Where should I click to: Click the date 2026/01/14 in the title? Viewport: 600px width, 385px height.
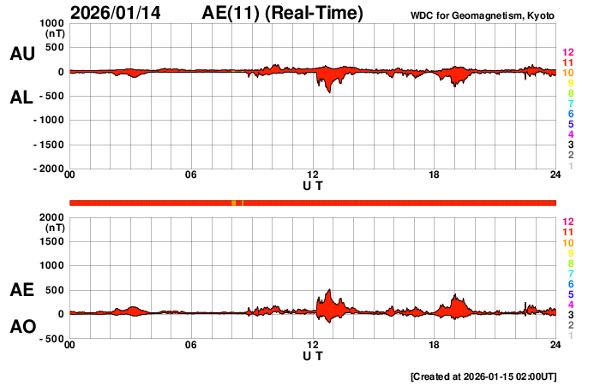[117, 13]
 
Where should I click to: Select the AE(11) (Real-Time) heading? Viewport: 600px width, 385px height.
[282, 13]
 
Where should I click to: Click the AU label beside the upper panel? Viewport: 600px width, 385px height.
[21, 54]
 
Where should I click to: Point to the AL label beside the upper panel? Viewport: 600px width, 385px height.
[21, 98]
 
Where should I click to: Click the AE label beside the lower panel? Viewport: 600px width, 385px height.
[21, 291]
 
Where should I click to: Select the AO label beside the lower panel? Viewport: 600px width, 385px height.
[21, 327]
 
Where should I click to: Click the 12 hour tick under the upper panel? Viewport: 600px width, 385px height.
[313, 175]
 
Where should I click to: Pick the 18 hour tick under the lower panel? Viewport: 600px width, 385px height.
[435, 345]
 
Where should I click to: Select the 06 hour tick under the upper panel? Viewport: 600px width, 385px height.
[191, 175]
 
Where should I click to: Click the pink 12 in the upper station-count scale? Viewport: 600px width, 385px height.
[567, 53]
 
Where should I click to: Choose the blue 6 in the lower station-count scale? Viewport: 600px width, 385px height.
[570, 283]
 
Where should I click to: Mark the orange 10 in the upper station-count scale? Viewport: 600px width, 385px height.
[567, 74]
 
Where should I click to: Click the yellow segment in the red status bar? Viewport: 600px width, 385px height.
[234, 203]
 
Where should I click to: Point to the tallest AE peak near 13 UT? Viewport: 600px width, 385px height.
[328, 290]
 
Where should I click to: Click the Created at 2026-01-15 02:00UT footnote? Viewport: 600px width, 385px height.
[483, 376]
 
